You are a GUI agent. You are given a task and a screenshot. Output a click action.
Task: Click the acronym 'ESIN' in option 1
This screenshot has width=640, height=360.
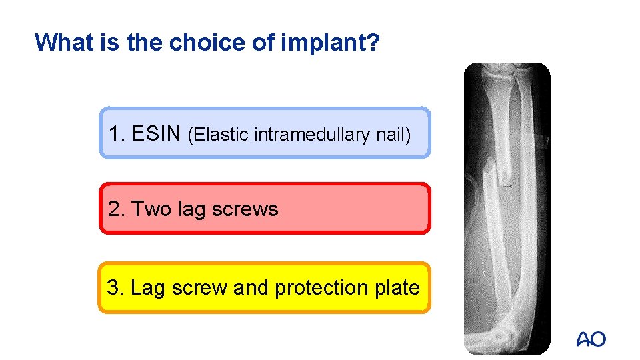156,133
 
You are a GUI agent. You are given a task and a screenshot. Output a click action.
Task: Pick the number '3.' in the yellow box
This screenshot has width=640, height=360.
115,288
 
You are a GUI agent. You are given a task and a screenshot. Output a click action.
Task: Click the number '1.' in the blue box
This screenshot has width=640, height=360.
117,133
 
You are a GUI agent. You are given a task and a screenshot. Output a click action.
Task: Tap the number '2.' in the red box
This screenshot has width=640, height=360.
117,209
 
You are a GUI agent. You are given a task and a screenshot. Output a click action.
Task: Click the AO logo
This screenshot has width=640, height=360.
591,339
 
